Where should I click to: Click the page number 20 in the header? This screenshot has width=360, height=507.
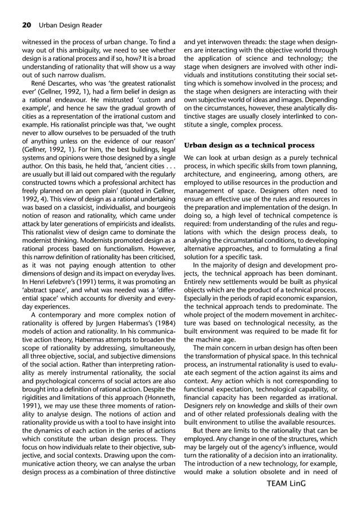point(27,24)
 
